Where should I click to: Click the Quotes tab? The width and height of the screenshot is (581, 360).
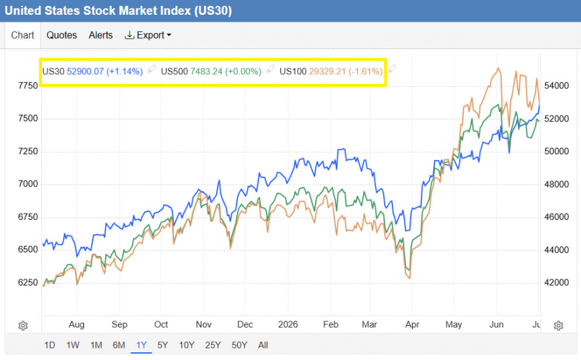[x=61, y=35]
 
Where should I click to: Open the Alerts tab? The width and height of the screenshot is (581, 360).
[x=101, y=35]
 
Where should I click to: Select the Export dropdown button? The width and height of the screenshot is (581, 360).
[x=148, y=35]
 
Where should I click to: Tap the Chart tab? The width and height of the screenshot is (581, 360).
[x=23, y=35]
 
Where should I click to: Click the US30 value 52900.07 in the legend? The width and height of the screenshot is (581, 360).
[x=85, y=71]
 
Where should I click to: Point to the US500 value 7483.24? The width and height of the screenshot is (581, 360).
[x=207, y=71]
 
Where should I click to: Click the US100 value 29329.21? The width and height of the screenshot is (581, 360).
[x=327, y=71]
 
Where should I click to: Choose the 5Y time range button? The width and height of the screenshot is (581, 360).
[x=163, y=345]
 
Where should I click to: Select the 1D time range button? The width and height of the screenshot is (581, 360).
[x=50, y=345]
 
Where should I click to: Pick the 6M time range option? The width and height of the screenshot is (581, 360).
[x=119, y=345]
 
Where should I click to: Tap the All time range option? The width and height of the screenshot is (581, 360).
[x=263, y=345]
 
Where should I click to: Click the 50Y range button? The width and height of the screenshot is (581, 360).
[x=240, y=345]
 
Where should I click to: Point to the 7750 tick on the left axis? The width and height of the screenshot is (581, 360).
[x=28, y=86]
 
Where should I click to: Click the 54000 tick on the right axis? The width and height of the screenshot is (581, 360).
[x=556, y=86]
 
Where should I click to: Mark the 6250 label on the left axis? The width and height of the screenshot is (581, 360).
[x=28, y=283]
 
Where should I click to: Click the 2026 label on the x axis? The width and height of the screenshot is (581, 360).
[x=288, y=325]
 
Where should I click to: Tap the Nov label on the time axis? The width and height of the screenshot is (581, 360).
[x=203, y=325]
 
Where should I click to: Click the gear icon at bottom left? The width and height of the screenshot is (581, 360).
[x=23, y=326]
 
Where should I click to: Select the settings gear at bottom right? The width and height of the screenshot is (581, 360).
[x=558, y=326]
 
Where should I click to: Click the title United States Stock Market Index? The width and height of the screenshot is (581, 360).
[x=97, y=10]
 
